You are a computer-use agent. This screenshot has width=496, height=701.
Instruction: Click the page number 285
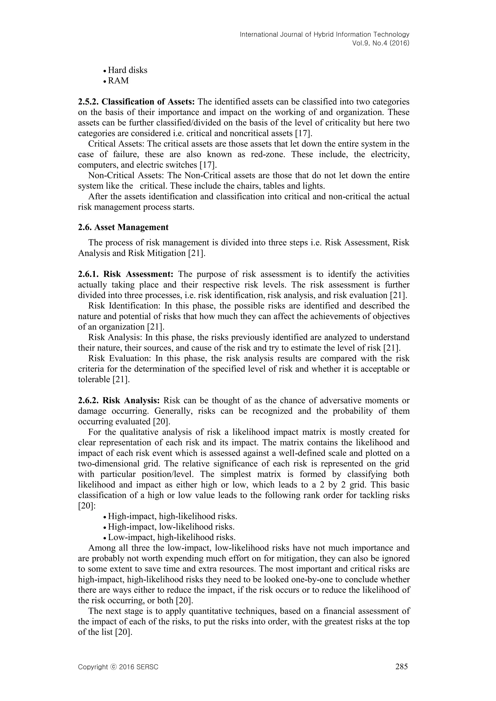pyautogui.click(x=401, y=666)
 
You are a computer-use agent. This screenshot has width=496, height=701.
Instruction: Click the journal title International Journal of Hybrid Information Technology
pyautogui.click(x=324, y=35)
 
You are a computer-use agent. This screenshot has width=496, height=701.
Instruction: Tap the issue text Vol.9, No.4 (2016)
pyautogui.click(x=380, y=43)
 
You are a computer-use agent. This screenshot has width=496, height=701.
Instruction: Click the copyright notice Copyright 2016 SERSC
pyautogui.click(x=118, y=667)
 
